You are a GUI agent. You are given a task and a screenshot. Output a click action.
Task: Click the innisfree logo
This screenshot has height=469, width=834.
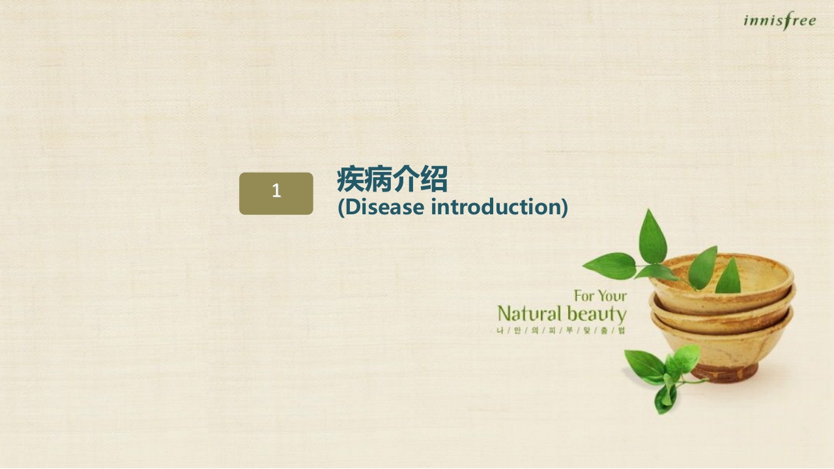pyautogui.click(x=779, y=21)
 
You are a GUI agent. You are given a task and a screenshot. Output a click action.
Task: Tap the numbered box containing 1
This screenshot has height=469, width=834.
pyautogui.click(x=276, y=193)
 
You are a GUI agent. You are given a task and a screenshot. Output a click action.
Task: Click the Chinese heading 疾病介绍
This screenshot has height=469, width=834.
pyautogui.click(x=392, y=179)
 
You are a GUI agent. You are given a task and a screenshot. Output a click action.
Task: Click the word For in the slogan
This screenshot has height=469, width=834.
pyautogui.click(x=584, y=296)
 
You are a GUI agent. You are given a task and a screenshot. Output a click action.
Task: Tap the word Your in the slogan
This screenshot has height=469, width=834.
pyautogui.click(x=612, y=296)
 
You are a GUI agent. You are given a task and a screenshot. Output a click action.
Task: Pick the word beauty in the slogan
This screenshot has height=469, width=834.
pyautogui.click(x=596, y=314)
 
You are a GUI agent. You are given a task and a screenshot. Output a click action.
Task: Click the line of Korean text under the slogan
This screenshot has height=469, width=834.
pyautogui.click(x=560, y=331)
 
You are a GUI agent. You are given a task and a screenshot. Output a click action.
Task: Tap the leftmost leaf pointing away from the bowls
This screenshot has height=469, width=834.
pyautogui.click(x=609, y=266)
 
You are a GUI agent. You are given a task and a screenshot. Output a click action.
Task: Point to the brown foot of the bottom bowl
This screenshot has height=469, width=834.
pyautogui.click(x=725, y=373)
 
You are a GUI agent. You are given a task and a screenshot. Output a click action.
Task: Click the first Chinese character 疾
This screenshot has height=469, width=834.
pyautogui.click(x=351, y=179)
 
